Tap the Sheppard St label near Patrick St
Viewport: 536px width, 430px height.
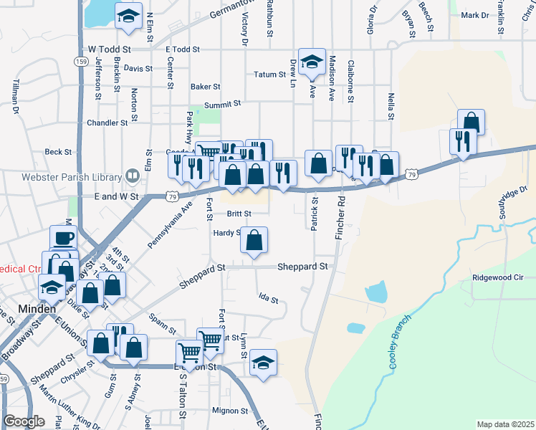coord(304,266)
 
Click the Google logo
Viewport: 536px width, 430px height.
coord(24,421)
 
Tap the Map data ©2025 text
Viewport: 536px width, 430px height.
coord(505,424)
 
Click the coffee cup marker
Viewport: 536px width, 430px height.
coord(62,238)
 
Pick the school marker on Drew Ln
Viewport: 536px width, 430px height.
coord(312,62)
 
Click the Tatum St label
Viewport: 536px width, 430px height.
coord(269,75)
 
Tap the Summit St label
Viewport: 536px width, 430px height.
coord(221,105)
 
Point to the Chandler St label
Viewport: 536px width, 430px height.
coord(107,123)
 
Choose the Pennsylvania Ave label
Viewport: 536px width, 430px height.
coord(171,224)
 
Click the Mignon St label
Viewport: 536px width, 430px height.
coord(229,411)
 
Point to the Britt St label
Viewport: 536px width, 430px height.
coord(239,214)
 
